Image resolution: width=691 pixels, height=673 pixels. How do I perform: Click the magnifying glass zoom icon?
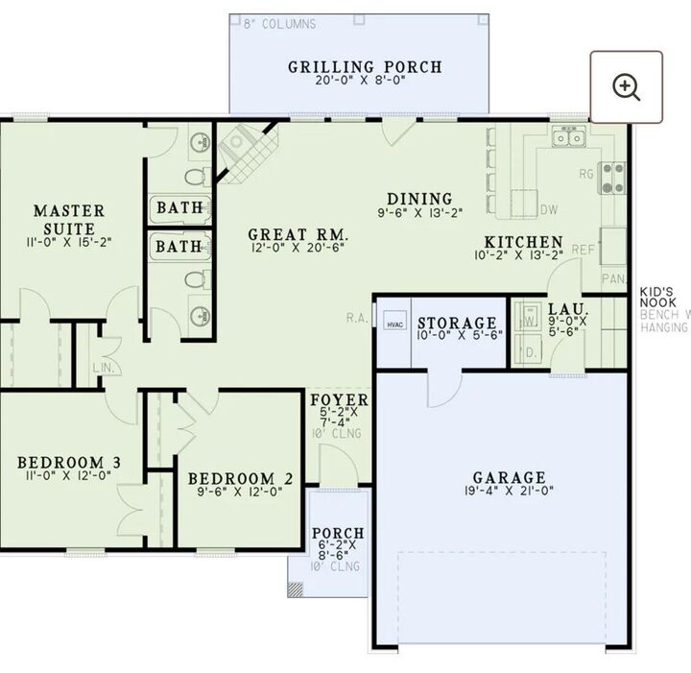(627, 87)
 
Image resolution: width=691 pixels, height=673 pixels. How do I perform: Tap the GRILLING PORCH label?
(365, 67)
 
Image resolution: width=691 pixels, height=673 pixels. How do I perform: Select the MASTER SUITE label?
(69, 219)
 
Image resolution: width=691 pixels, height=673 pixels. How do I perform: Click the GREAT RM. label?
(298, 234)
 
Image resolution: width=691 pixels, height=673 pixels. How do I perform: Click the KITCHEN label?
(523, 242)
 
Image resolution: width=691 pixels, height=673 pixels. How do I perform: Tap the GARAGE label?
(509, 477)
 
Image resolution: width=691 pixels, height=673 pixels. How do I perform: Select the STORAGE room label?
(457, 324)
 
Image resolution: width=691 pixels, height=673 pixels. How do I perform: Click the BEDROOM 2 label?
(240, 478)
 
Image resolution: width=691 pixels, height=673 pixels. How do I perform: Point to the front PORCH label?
(338, 533)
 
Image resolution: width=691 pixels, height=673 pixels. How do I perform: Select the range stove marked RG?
(611, 176)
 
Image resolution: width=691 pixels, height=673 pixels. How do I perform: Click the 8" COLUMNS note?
(279, 23)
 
